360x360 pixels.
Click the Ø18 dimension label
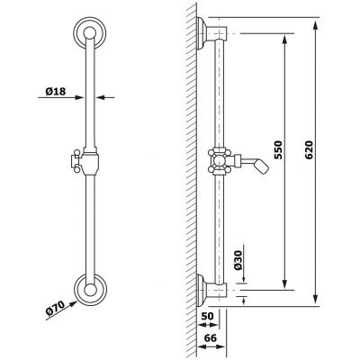click(56, 91)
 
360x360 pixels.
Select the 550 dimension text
click(278, 150)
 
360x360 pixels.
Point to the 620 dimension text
click(308, 150)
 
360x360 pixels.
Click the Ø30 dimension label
click(238, 260)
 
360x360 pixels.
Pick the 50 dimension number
click(207, 316)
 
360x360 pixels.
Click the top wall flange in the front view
click(89, 33)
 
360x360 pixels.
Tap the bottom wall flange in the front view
click(89, 290)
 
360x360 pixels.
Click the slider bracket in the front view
click(89, 161)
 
